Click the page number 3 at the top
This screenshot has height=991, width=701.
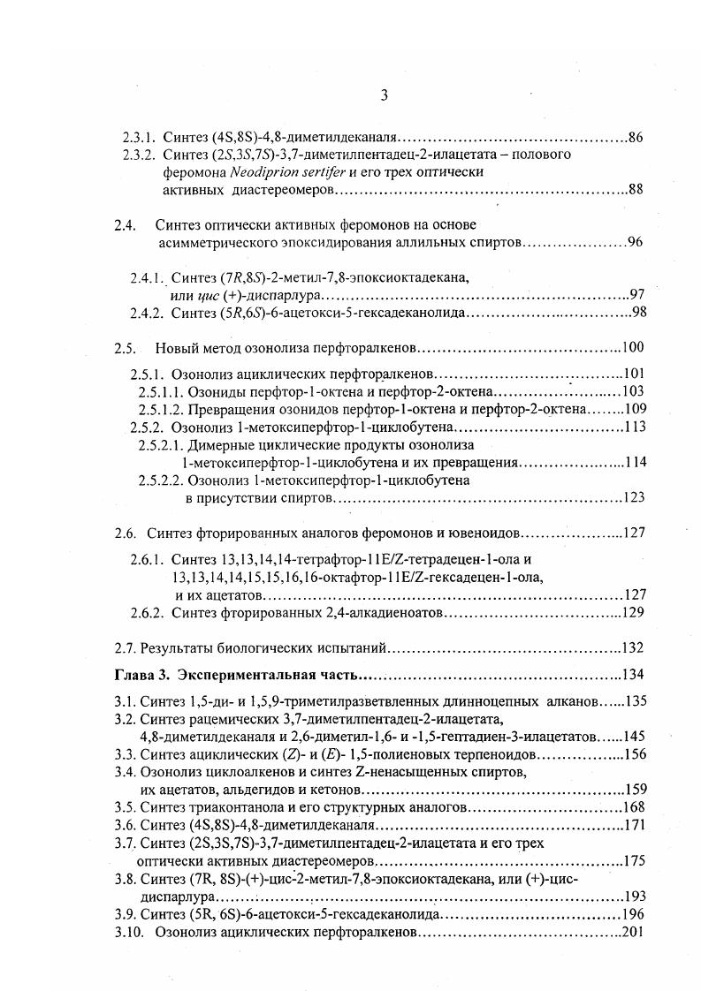point(385,96)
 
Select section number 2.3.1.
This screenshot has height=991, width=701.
point(138,138)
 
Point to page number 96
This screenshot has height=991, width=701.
point(635,242)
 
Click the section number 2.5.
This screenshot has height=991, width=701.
point(125,348)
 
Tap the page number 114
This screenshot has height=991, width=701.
point(635,462)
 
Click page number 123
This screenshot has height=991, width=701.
point(633,498)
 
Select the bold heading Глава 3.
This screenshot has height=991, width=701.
point(141,676)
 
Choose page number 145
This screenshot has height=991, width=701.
point(634,736)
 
